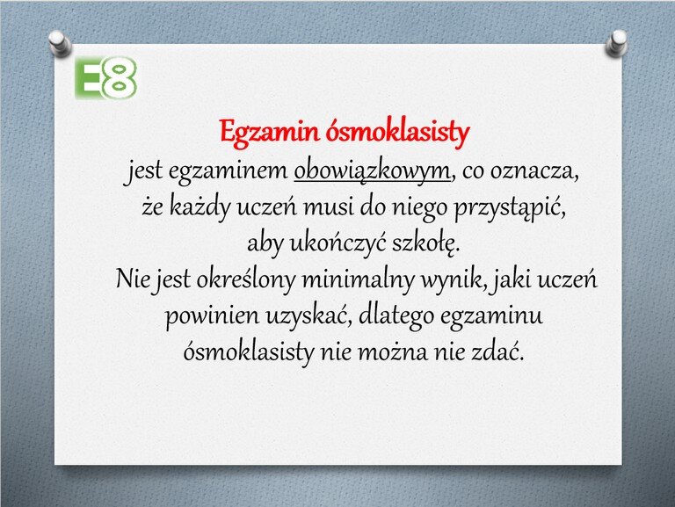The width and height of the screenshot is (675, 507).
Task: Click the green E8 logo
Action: [105, 78]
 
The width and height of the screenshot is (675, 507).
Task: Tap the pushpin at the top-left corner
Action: [60, 43]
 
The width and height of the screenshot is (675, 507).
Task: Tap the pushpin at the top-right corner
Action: [616, 43]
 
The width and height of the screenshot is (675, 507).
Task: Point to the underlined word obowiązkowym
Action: [372, 171]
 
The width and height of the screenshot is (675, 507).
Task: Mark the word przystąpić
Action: [509, 208]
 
